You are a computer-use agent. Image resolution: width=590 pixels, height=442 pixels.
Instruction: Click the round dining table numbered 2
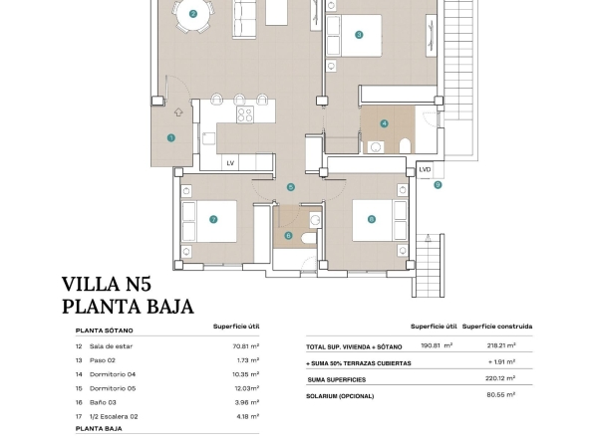(193, 14)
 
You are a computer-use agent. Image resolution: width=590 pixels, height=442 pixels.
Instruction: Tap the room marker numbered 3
(359, 35)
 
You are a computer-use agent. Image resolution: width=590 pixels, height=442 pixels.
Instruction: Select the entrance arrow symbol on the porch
(178, 112)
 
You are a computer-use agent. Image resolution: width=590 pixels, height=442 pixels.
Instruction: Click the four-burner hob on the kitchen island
(245, 114)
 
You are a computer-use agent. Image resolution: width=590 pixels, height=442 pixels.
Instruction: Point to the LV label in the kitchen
(230, 163)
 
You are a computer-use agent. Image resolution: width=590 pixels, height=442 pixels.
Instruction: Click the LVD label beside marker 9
(425, 170)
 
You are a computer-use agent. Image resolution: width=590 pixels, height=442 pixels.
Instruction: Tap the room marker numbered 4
(384, 123)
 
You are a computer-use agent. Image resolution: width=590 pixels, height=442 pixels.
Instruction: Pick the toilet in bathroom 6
(309, 238)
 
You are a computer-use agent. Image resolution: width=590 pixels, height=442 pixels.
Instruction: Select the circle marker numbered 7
(213, 219)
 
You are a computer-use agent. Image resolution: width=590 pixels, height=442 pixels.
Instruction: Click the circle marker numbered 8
(372, 219)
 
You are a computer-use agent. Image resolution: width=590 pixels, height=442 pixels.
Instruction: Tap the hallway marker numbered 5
(290, 187)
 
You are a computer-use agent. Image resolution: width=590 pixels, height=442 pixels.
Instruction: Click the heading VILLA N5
(107, 284)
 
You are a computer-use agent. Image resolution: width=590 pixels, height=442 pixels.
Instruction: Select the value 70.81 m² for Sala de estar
(246, 346)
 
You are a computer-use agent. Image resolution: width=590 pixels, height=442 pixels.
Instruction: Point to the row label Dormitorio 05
(113, 388)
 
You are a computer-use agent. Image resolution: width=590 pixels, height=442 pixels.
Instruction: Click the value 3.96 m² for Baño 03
(247, 402)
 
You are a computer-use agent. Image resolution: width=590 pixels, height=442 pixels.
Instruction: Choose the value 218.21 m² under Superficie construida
(501, 345)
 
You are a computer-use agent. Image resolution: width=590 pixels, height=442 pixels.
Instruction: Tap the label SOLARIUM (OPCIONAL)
(340, 396)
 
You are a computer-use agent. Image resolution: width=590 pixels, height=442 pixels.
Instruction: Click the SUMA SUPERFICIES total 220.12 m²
(500, 378)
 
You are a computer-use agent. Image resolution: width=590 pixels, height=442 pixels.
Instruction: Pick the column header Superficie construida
(497, 327)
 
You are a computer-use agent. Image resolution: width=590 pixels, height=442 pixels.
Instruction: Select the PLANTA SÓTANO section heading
(105, 331)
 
